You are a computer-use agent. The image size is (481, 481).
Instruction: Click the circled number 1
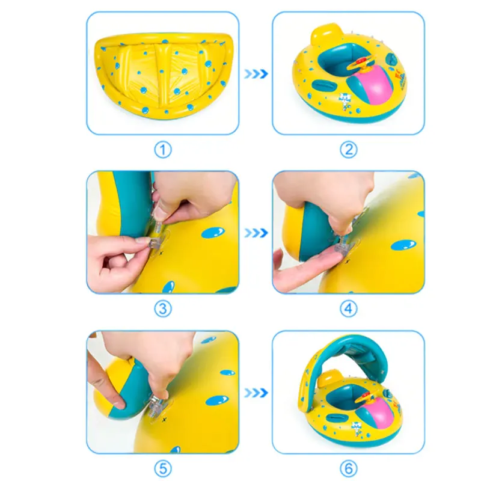click(163, 149)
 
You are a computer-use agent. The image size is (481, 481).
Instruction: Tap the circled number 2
click(349, 149)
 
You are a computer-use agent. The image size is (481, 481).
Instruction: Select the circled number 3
click(163, 309)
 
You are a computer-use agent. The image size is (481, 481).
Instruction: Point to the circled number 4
click(349, 309)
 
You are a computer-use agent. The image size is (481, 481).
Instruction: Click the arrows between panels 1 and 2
click(256, 74)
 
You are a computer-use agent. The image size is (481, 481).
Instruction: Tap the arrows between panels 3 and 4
click(256, 233)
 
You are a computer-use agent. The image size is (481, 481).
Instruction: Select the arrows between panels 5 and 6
click(256, 393)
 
